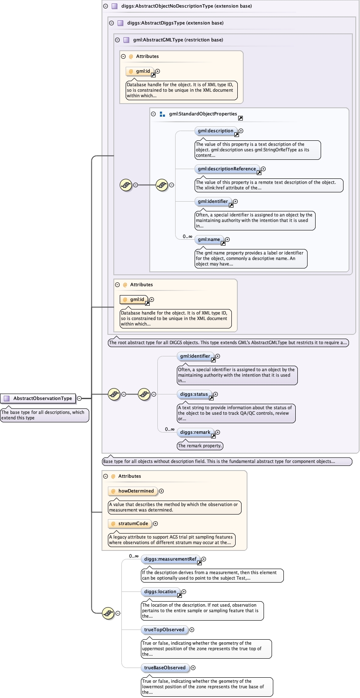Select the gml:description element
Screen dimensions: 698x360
[x=215, y=131]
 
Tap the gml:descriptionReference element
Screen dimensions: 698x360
[x=226, y=169]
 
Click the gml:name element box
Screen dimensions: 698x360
[x=209, y=240]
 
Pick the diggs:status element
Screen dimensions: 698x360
[x=194, y=394]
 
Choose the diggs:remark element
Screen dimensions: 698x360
[x=195, y=432]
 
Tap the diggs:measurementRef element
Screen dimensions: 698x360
[x=170, y=559]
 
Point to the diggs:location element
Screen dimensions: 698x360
[x=160, y=592]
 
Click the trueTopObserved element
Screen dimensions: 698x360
[x=164, y=630]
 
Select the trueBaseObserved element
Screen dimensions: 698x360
[x=165, y=668]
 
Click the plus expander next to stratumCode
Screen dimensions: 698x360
[x=156, y=524]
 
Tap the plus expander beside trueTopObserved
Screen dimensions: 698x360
[x=192, y=630]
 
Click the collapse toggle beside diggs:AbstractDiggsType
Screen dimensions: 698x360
[x=112, y=23]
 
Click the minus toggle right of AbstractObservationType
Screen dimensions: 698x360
[x=79, y=398]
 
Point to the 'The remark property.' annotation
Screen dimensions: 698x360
[x=200, y=446]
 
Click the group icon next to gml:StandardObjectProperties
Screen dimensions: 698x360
[x=162, y=114]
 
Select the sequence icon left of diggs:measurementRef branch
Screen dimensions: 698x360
[x=108, y=613]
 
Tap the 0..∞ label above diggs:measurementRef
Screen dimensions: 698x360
[x=134, y=556]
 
